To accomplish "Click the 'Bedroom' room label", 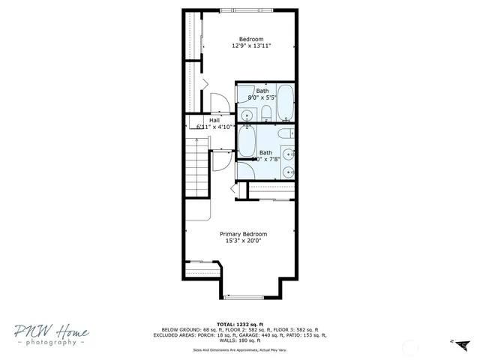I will tap(251, 39).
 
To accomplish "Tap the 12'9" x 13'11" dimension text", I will tap(251, 46).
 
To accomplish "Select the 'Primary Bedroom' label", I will tap(243, 234).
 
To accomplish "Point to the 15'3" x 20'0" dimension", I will tap(243, 241).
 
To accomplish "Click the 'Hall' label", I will tap(214, 120).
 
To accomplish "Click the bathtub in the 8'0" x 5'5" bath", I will tap(285, 102).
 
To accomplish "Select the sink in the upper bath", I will tap(247, 115).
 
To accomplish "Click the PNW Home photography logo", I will tap(50, 335).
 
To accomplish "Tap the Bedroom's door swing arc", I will tap(217, 102).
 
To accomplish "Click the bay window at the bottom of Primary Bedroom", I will tap(250, 298).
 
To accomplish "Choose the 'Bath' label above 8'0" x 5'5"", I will tap(262, 90).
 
